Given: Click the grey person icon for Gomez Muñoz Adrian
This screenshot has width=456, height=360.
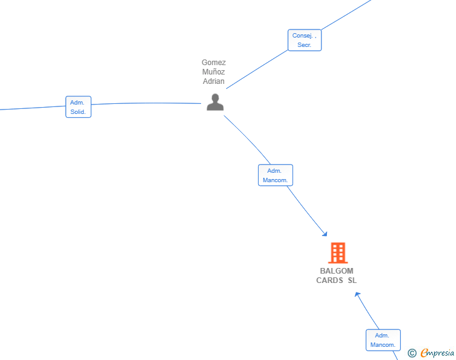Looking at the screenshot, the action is [215, 102].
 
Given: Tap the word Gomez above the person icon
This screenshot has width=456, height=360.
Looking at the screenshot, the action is [214, 63].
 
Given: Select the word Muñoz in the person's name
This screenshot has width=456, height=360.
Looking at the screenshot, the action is [214, 72].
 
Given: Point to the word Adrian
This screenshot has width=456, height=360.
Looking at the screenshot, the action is [214, 81].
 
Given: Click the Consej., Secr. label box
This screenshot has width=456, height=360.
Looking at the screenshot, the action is [304, 40].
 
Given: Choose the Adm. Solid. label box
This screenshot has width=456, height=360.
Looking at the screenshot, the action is [78, 106].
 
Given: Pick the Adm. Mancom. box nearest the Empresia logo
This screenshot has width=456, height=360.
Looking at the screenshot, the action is [383, 340].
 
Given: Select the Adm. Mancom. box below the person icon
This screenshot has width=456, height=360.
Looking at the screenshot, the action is [276, 175].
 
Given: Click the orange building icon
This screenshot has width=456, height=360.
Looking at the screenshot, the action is [338, 253].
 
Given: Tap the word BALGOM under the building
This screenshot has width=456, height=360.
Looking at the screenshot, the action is [337, 271].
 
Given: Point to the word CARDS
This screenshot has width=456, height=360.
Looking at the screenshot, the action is [329, 280].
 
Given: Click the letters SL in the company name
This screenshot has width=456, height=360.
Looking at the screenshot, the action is [352, 280].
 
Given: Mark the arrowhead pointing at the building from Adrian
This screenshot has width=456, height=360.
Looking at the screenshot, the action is [325, 234].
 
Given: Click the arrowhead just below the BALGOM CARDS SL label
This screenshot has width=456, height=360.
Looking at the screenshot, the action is [358, 294].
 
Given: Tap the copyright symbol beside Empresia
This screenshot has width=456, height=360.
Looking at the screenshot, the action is [412, 353].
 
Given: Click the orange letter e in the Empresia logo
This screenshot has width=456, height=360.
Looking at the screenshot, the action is [424, 352].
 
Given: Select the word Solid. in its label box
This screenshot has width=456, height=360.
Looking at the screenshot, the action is [78, 112].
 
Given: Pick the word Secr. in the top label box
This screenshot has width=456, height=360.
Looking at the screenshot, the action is [304, 45].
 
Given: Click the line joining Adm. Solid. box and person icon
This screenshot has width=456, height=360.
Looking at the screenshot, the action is [146, 103].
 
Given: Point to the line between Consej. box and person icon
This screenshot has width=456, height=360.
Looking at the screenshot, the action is [257, 69].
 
